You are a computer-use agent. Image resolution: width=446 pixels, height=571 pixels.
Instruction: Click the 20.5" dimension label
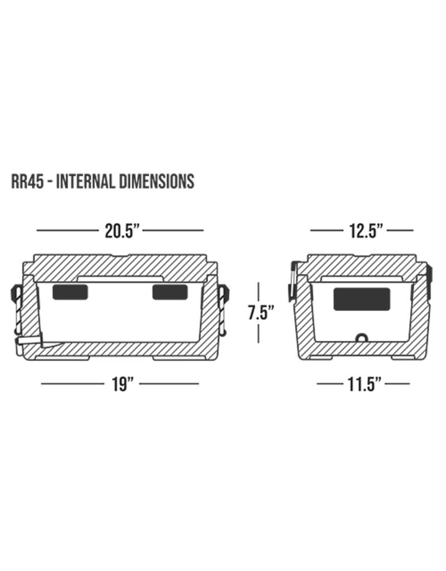pos(122,231)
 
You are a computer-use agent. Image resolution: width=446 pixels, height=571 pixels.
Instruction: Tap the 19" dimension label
pos(122,384)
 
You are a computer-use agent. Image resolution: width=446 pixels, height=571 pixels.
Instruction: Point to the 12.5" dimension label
pos(365,231)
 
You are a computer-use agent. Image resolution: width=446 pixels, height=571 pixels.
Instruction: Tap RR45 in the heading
pos(27,181)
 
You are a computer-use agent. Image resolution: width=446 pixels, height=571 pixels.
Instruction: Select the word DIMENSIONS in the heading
pos(157,181)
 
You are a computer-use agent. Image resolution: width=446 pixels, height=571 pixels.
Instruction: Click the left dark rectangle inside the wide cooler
pos(70,292)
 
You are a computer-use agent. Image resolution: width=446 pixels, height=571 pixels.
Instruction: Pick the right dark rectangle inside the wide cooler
pos(170,292)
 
